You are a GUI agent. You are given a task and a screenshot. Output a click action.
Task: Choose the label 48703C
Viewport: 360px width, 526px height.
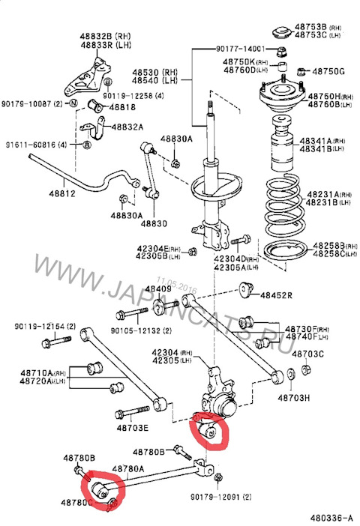pyautogui.click(x=307, y=353)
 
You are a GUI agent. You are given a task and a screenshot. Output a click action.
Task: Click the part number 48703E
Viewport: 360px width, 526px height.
pyautogui.click(x=132, y=428)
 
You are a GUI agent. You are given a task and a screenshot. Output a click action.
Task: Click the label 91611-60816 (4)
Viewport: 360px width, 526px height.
pyautogui.click(x=37, y=144)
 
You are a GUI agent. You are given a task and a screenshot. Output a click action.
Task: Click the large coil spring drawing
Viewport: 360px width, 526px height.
pyautogui.click(x=283, y=202)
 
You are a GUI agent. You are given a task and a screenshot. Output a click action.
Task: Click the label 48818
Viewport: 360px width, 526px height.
pyautogui.click(x=121, y=108)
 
